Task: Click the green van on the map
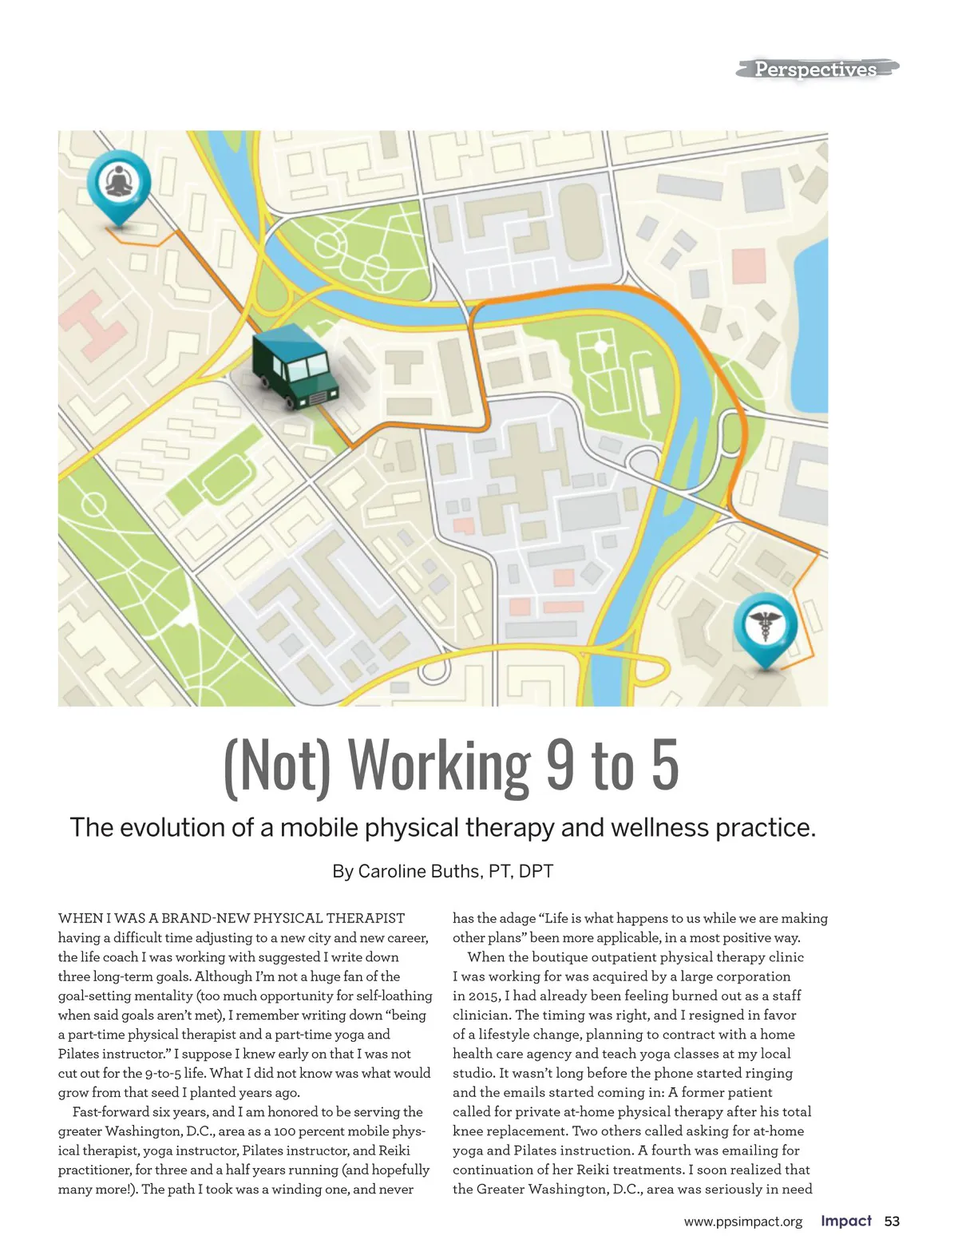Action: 295,367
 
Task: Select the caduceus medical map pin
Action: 765,624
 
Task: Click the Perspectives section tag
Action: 816,69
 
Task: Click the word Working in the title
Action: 440,766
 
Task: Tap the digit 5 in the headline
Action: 664,766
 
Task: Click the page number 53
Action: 892,1221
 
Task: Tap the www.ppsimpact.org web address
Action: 743,1222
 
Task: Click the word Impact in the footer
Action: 846,1221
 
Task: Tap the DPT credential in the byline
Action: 536,871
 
